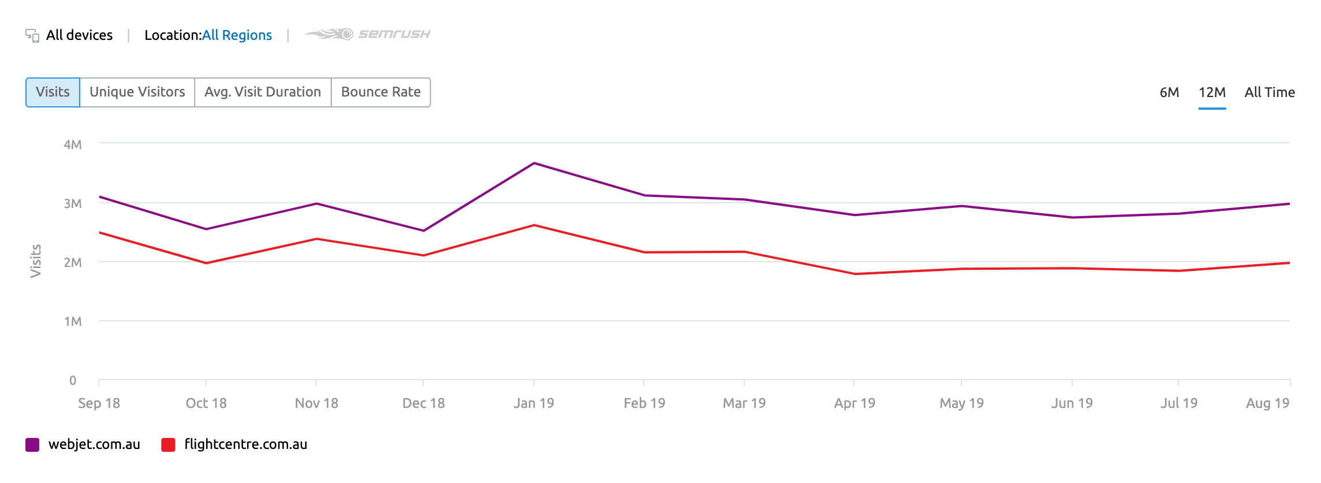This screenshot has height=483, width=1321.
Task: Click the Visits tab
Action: pyautogui.click(x=53, y=92)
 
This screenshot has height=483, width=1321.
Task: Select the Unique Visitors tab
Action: pyautogui.click(x=137, y=92)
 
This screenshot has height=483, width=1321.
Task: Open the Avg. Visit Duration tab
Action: pyautogui.click(x=263, y=92)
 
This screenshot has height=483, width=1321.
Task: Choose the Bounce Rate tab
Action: pyautogui.click(x=381, y=92)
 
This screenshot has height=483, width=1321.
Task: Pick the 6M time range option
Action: pyautogui.click(x=1169, y=92)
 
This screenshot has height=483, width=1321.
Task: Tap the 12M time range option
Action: pyautogui.click(x=1212, y=92)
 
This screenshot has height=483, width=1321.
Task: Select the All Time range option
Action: pyautogui.click(x=1270, y=92)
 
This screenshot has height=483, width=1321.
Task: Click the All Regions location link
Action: pyautogui.click(x=237, y=35)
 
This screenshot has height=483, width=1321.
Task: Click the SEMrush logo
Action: pyautogui.click(x=368, y=34)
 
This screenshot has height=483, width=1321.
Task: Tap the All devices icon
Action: pyautogui.click(x=32, y=36)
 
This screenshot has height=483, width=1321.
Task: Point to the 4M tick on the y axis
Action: pyautogui.click(x=73, y=144)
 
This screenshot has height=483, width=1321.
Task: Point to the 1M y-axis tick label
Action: pyautogui.click(x=73, y=321)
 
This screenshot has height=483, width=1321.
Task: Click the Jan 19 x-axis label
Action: pyautogui.click(x=534, y=403)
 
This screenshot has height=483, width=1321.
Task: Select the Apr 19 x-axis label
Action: pyautogui.click(x=854, y=403)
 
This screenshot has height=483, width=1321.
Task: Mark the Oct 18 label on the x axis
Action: pyautogui.click(x=206, y=403)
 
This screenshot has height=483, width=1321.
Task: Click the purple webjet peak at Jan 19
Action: pyautogui.click(x=534, y=164)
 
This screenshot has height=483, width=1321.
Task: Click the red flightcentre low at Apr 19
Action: pyautogui.click(x=854, y=274)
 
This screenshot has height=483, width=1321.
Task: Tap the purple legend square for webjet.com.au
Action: pyautogui.click(x=32, y=445)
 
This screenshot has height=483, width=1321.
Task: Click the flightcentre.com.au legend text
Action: pyautogui.click(x=246, y=444)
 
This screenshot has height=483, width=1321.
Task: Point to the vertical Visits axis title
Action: pyautogui.click(x=36, y=261)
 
